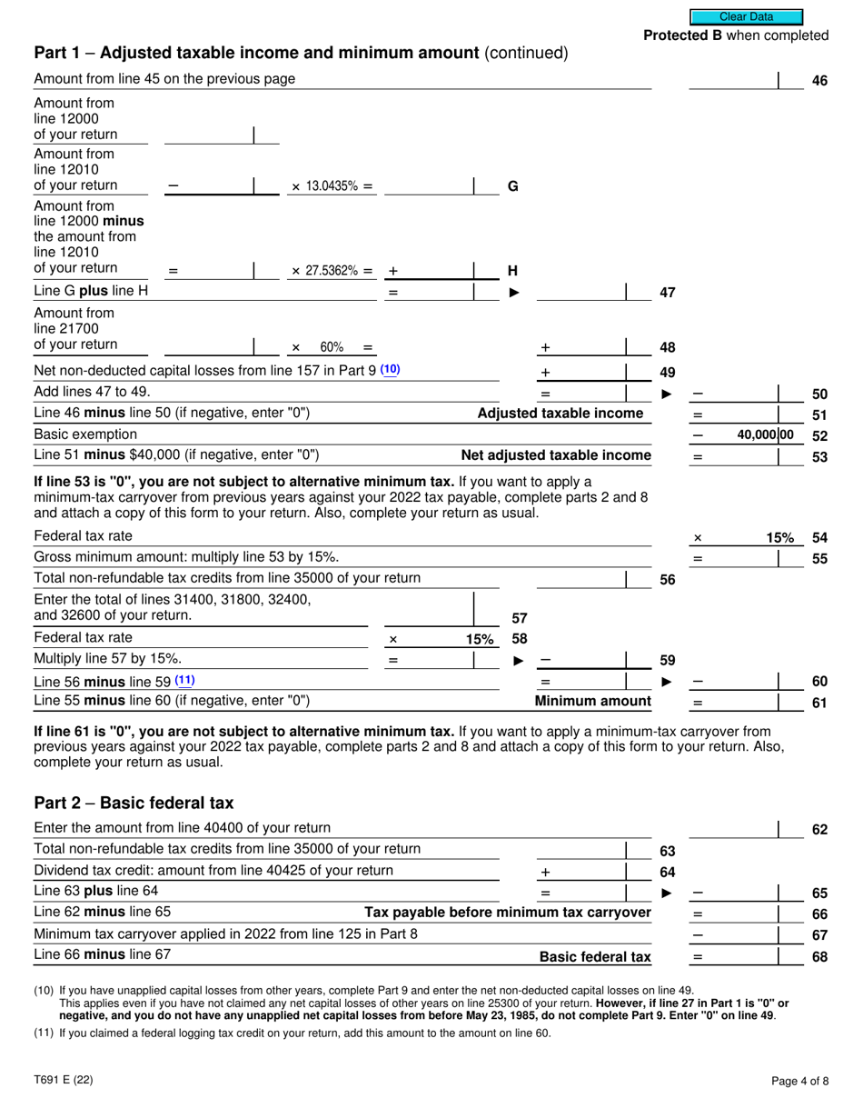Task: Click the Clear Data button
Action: point(746,16)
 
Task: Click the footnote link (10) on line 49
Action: point(390,370)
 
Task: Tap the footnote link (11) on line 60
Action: point(184,681)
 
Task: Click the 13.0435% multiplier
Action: point(332,186)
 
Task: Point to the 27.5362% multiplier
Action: point(332,271)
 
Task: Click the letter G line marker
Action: point(512,186)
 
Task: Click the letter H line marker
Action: point(512,271)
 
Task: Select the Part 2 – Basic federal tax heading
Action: point(134,804)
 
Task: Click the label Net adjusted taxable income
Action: point(556,455)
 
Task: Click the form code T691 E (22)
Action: point(63,1080)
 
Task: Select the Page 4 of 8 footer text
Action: point(799,1081)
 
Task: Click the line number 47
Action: point(667,293)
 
